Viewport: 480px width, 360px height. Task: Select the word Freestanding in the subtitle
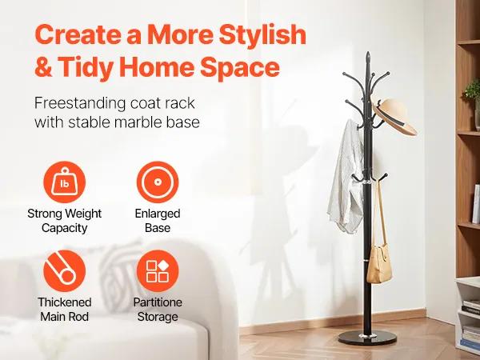coord(79,103)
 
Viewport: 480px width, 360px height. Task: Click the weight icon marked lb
coord(64,182)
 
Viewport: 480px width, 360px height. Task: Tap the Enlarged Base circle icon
coord(158,182)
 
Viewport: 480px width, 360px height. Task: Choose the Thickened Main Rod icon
coord(64,270)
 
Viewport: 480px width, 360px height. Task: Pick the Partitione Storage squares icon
coord(158,270)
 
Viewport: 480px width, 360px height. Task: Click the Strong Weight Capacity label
coord(64,221)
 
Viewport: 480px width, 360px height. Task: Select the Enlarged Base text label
coord(158,221)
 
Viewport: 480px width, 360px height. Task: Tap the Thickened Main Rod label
coord(65,309)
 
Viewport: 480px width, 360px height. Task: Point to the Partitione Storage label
coord(158,309)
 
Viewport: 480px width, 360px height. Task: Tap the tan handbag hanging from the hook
coord(379,263)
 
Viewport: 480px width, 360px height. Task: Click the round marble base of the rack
coord(367,338)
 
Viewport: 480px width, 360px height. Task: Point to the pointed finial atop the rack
coord(368,57)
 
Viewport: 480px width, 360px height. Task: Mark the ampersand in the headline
coord(43,67)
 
